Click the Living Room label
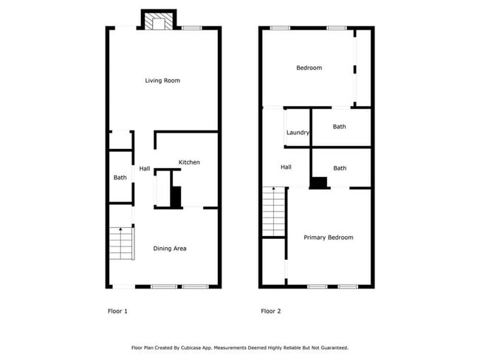click(x=162, y=80)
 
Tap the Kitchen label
click(x=188, y=162)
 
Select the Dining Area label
click(x=169, y=249)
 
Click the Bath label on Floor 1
click(x=120, y=177)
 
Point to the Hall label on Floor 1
click(x=145, y=169)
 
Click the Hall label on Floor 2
click(x=286, y=167)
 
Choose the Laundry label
click(x=298, y=133)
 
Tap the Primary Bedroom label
click(x=329, y=238)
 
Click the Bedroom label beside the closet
click(x=309, y=68)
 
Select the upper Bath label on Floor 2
click(x=339, y=127)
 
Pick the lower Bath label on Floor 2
click(x=340, y=168)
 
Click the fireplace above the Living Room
click(x=157, y=21)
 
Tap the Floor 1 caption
click(x=117, y=311)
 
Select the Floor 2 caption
click(x=270, y=311)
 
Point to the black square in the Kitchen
click(x=176, y=197)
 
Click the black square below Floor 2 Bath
click(x=319, y=183)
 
